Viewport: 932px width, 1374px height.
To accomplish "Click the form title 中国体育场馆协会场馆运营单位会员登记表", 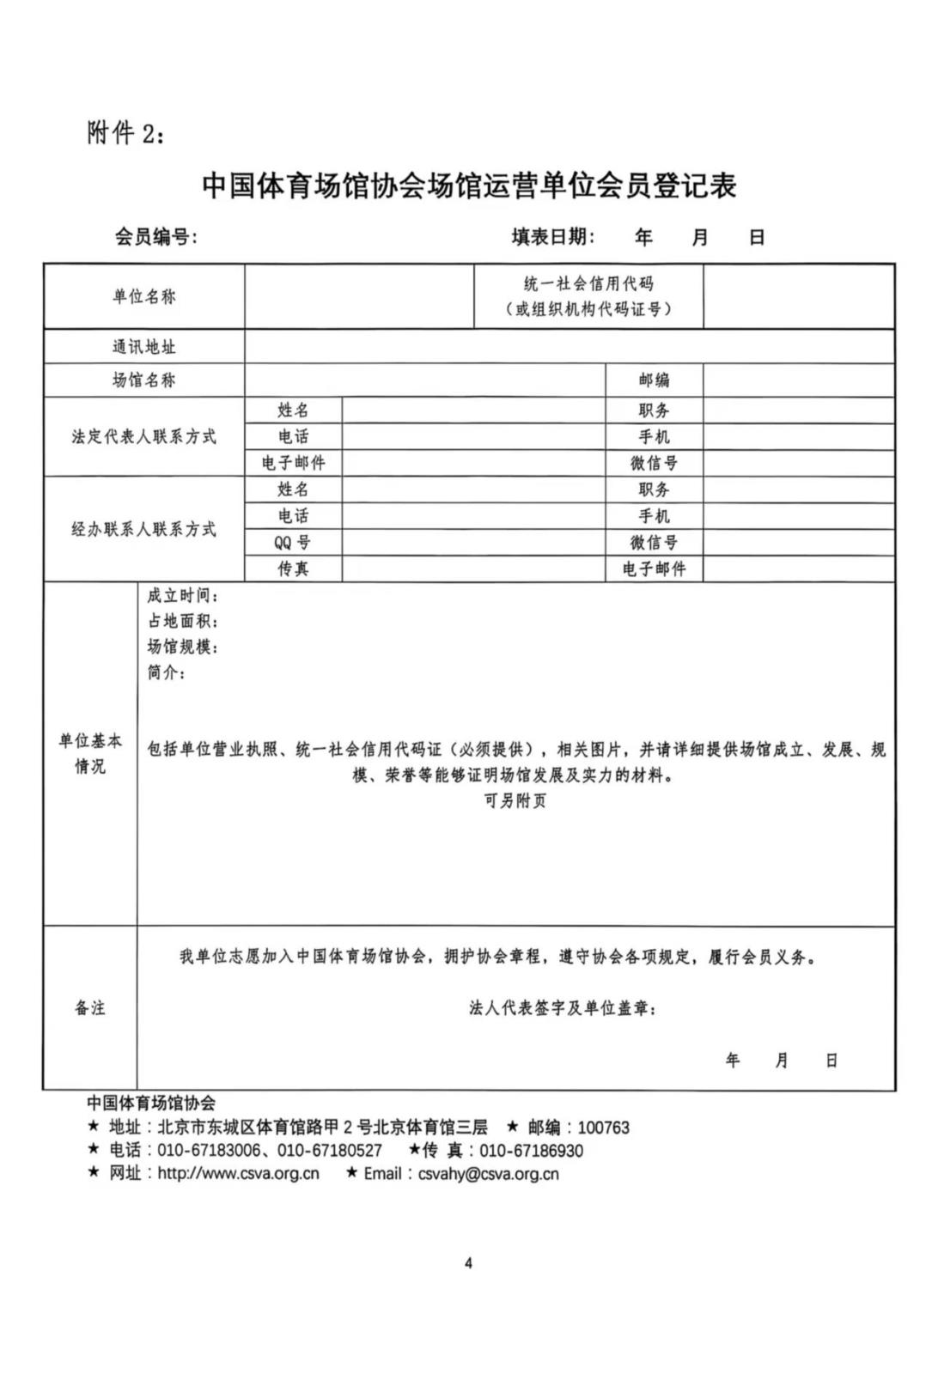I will pos(469,185).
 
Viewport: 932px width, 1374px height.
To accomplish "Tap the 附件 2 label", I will pos(125,133).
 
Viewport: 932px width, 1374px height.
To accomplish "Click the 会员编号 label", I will pos(156,237).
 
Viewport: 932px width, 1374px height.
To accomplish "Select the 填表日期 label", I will pos(553,237).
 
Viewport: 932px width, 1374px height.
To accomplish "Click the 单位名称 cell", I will pos(143,296).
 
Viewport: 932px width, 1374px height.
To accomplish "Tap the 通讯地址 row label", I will pos(143,347).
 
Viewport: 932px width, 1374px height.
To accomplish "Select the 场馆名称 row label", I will pos(143,380).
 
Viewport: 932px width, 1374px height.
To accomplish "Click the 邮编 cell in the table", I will pos(654,380).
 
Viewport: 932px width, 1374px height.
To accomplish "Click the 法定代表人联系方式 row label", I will pos(143,436).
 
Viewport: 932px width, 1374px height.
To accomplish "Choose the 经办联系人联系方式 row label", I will pos(143,529).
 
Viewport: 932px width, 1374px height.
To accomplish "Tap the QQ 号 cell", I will pos(293,542).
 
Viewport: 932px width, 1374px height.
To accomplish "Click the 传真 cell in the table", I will pos(293,568).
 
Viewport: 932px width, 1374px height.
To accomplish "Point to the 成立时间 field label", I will pos(182,596).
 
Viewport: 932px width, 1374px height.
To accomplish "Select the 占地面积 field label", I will pos(182,621).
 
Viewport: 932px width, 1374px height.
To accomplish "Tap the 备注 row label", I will pos(89,1008).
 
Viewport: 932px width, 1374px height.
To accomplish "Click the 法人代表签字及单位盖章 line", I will pos(563,1008).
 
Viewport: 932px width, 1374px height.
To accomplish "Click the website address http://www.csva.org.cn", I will pos(238,1173).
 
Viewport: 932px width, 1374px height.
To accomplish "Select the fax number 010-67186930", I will pos(531,1151).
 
